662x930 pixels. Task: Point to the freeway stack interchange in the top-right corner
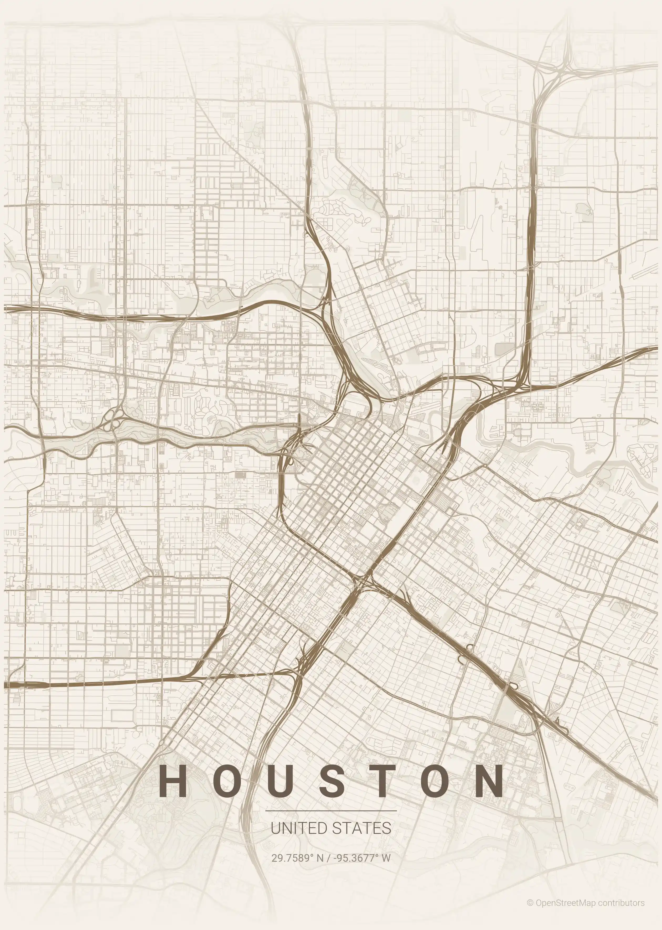pos(567,65)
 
